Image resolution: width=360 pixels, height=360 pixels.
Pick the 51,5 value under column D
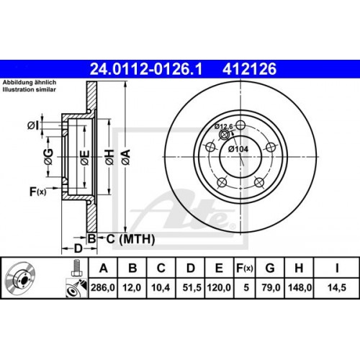pyautogui.click(x=191, y=288)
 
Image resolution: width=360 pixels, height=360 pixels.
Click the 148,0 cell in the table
pyautogui.click(x=298, y=288)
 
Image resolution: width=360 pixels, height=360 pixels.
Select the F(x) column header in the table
pyautogui.click(x=245, y=269)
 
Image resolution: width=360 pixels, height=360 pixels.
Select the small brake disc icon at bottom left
pyautogui.click(x=23, y=279)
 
